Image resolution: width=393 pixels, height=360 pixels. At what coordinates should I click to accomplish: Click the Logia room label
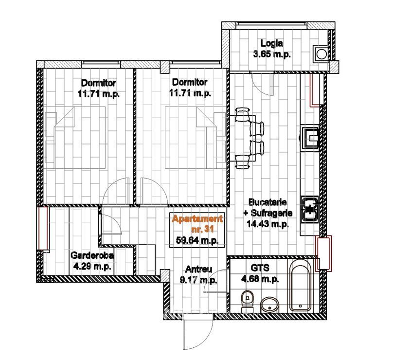pyautogui.click(x=272, y=43)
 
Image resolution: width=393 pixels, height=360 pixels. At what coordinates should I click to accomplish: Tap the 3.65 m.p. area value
pyautogui.click(x=272, y=54)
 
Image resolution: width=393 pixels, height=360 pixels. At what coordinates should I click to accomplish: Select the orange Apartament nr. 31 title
pyautogui.click(x=197, y=224)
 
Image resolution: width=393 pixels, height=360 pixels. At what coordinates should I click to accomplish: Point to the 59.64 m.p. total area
pyautogui.click(x=197, y=240)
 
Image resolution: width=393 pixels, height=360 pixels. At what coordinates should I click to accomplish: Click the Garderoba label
pyautogui.click(x=92, y=255)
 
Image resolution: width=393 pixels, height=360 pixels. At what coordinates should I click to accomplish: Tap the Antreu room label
pyautogui.click(x=198, y=269)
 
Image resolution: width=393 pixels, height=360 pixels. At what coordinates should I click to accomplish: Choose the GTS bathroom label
pyautogui.click(x=260, y=268)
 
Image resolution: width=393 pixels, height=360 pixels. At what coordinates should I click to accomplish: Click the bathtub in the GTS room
pyautogui.click(x=301, y=286)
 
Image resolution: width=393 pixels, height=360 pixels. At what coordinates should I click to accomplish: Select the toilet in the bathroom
pyautogui.click(x=248, y=301)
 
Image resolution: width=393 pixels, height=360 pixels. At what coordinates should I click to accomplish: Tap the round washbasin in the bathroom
pyautogui.click(x=269, y=305)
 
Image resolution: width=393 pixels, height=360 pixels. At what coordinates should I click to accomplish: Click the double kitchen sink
pyautogui.click(x=310, y=209)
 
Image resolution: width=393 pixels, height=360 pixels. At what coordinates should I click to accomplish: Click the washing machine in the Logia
pyautogui.click(x=321, y=54)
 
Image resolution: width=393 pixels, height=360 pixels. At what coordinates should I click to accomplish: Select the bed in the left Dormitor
pyautogui.click(x=75, y=137)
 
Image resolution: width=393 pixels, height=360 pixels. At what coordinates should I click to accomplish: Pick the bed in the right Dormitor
pyautogui.click(x=196, y=137)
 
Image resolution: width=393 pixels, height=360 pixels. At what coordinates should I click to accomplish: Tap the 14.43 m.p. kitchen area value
pyautogui.click(x=268, y=224)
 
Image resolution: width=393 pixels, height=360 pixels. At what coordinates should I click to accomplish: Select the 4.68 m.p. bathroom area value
pyautogui.click(x=260, y=279)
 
